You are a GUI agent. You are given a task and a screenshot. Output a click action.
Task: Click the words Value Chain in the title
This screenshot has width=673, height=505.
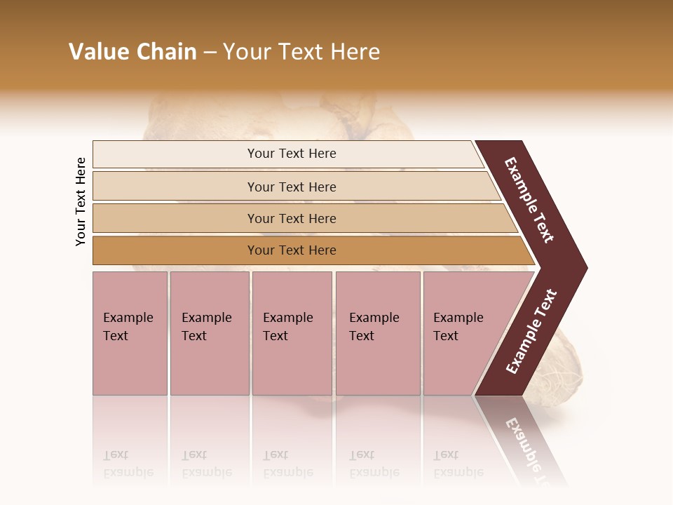[132, 52]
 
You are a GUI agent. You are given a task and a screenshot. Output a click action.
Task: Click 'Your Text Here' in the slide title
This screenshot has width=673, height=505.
[301, 52]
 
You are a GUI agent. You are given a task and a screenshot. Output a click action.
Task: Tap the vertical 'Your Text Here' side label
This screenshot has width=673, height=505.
[81, 201]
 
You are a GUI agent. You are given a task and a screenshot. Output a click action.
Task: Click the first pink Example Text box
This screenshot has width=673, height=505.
[130, 334]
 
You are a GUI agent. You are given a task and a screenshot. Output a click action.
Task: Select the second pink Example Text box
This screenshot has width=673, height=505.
[209, 334]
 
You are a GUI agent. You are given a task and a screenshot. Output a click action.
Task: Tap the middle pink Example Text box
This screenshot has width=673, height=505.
[292, 334]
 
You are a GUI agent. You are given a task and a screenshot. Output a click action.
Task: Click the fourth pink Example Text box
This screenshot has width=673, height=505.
[378, 334]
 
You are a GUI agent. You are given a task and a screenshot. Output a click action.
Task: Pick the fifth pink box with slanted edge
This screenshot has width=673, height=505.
[463, 334]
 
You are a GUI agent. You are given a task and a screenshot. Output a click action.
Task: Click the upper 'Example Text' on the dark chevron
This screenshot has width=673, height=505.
[530, 200]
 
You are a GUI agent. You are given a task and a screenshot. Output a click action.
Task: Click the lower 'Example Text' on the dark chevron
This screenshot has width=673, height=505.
[531, 332]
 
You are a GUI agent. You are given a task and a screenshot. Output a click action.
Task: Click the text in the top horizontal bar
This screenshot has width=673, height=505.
[292, 154]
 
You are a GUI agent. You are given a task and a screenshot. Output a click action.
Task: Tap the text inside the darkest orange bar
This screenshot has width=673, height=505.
[292, 250]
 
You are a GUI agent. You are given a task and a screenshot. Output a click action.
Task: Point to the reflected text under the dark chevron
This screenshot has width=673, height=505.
[530, 449]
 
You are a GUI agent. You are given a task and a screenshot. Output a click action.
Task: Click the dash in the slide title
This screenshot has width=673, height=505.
[210, 53]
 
